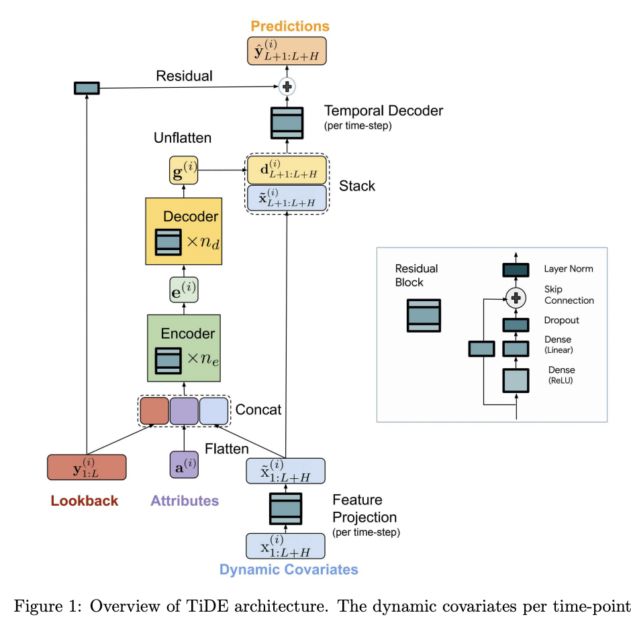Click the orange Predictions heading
290,27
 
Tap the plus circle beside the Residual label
287,86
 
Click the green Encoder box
184,347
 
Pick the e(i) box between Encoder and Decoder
184,290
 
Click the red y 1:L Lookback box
87,467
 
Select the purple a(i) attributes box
184,465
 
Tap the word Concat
258,409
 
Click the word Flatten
227,449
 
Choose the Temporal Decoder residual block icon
287,121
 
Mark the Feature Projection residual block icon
287,508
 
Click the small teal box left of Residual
87,88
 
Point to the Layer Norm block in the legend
516,270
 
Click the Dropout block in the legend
516,324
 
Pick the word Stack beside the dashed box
357,185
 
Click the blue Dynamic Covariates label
289,570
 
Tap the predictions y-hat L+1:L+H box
287,51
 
